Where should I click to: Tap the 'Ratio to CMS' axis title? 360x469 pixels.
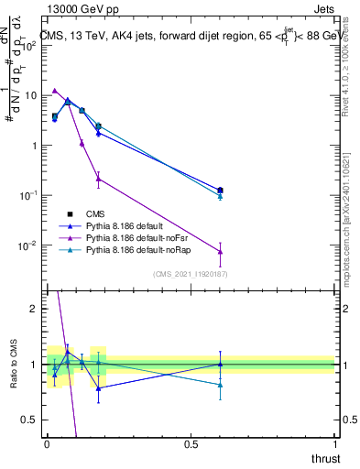pyautogui.click(x=12, y=365)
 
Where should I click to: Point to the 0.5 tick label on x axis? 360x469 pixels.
pyautogui.click(x=191, y=444)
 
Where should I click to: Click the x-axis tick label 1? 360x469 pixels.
pyautogui.click(x=334, y=444)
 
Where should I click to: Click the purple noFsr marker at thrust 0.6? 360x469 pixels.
pyautogui.click(x=220, y=252)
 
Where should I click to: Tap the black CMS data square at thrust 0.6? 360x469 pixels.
pyautogui.click(x=220, y=191)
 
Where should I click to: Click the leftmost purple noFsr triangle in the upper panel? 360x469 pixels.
pyautogui.click(x=55, y=91)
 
